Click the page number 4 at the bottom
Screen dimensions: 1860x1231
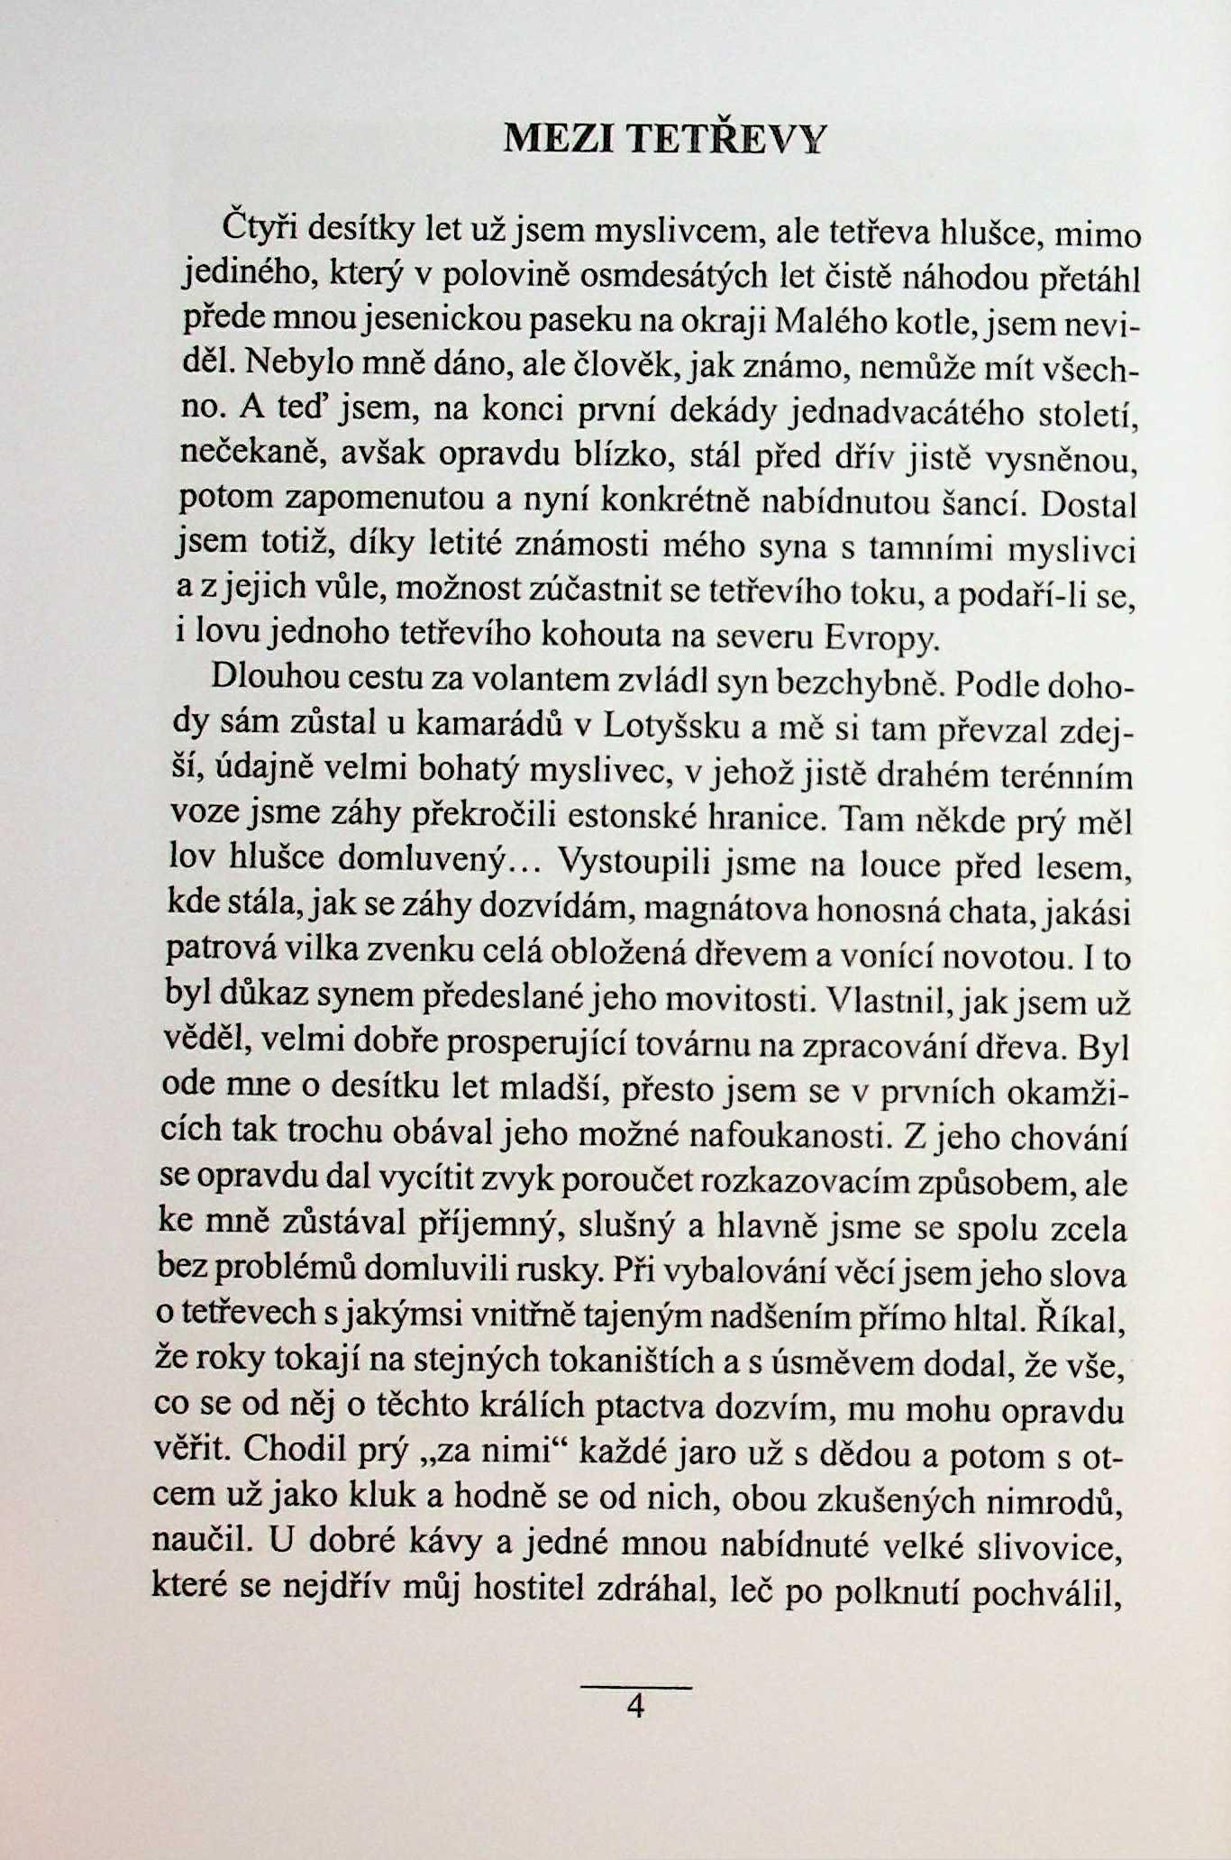pyautogui.click(x=636, y=1707)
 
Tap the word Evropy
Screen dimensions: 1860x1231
pyautogui.click(x=882, y=639)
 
